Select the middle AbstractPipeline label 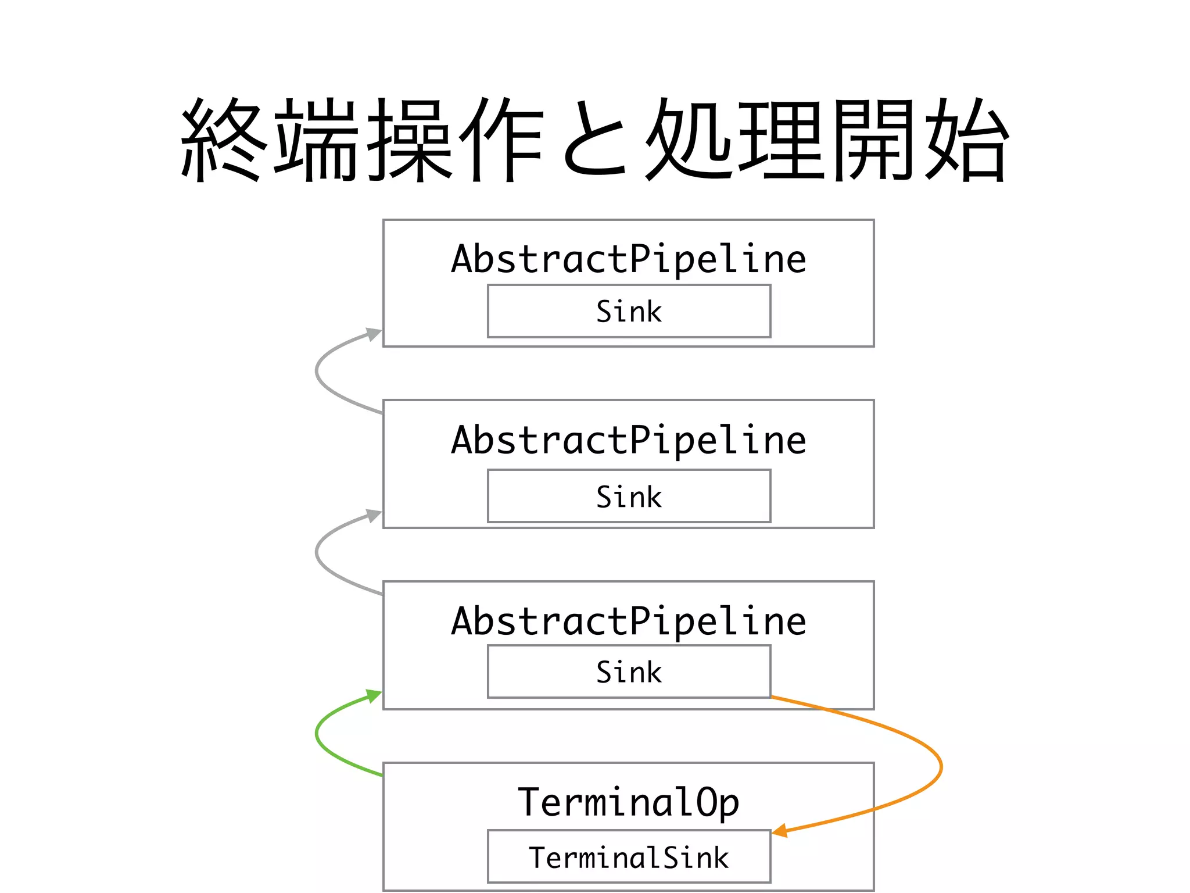point(629,440)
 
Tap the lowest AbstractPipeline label point(629,621)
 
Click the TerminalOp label point(629,802)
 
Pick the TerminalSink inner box point(629,857)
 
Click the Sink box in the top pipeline point(629,311)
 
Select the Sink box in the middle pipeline point(629,496)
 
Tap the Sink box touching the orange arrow point(629,671)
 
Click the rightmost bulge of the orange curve point(941,767)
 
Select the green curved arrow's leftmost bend point(317,734)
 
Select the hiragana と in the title point(596,140)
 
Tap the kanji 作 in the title point(501,140)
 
